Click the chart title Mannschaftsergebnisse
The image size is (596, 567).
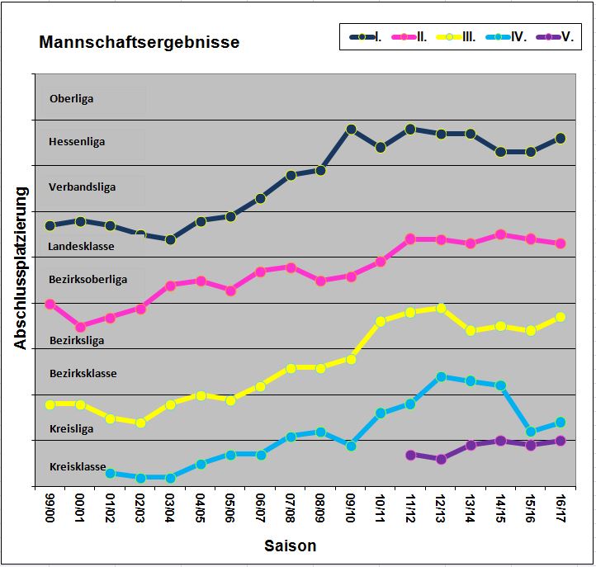tap(140, 42)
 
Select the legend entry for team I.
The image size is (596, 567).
tap(367, 36)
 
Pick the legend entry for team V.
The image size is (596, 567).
tap(557, 36)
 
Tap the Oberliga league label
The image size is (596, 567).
tap(72, 99)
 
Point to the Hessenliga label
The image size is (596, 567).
tap(78, 142)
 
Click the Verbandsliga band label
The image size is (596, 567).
tap(83, 187)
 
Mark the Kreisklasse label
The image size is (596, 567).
tap(78, 467)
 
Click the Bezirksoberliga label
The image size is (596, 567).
tap(88, 280)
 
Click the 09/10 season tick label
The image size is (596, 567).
tap(351, 511)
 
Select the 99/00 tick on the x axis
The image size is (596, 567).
tap(50, 511)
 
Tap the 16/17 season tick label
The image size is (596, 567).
tap(561, 511)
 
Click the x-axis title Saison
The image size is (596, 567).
tap(290, 546)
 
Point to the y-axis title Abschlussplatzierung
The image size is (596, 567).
tap(21, 268)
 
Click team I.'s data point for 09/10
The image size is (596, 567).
tap(351, 130)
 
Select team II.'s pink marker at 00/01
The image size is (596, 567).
tap(80, 327)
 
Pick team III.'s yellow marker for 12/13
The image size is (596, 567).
tap(441, 309)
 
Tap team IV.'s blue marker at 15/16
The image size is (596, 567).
tap(531, 432)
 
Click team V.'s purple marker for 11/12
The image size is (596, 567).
tap(410, 455)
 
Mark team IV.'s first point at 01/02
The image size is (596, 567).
tap(110, 473)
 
